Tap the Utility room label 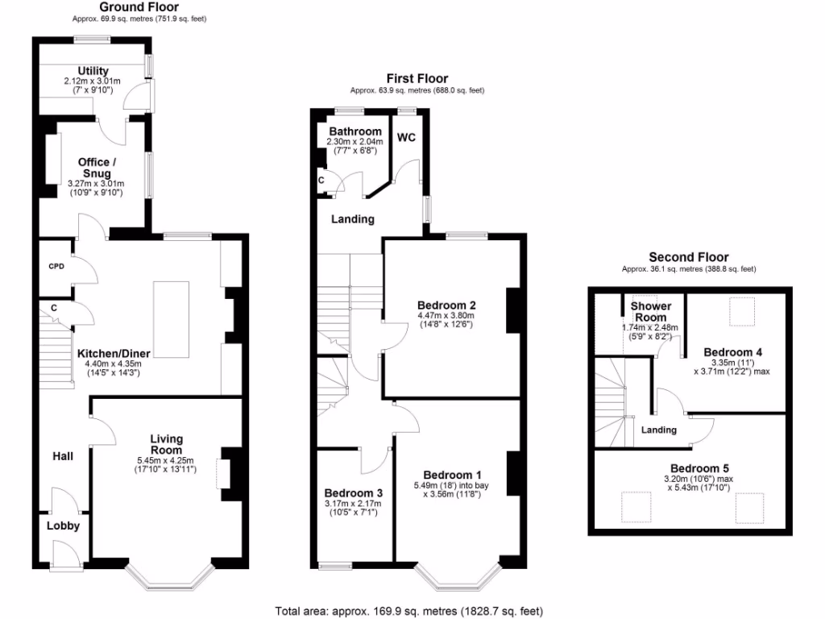93,71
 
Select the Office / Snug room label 94,168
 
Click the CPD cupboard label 56,266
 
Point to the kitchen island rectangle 171,318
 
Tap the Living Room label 166,444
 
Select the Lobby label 62,526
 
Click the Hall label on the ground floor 63,456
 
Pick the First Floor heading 417,78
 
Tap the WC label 407,138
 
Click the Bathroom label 354,131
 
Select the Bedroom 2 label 446,305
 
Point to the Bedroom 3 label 353,493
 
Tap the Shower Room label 650,312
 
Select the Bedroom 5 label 694,468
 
